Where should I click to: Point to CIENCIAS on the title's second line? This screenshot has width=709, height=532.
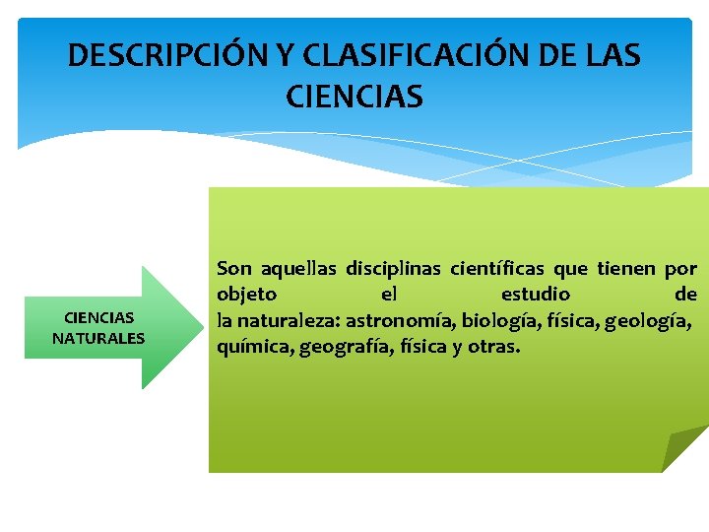(354, 97)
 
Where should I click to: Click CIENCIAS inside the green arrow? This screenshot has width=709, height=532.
(98, 317)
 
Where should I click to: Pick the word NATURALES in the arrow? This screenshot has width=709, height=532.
(98, 338)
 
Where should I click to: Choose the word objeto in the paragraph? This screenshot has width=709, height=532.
(246, 295)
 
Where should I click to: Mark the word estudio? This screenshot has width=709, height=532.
(536, 295)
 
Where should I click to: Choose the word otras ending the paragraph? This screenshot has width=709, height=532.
(493, 347)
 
